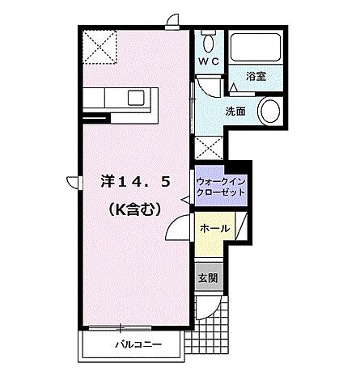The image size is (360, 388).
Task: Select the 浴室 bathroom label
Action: coord(256,76)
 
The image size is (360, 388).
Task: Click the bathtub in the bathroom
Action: coord(254,48)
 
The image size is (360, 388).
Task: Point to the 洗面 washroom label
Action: coord(235,112)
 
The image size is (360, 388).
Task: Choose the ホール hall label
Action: coord(214,229)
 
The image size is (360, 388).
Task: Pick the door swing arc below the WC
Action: coord(208,84)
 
